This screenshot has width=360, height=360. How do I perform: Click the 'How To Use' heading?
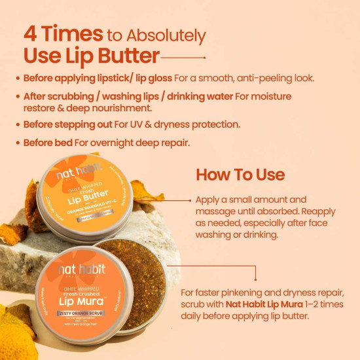click(240, 175)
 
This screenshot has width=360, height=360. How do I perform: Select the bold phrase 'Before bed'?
click(48, 142)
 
